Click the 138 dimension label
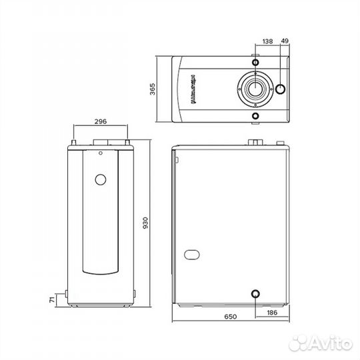coord(268,41)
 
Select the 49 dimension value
coord(285,41)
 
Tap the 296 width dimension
coord(101,122)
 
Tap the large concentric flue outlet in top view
coord(254,87)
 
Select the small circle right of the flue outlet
coord(281,89)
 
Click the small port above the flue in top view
coord(254,60)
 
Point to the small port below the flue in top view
coord(254,116)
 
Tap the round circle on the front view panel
coord(101,180)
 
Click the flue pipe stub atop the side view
coord(255,143)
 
